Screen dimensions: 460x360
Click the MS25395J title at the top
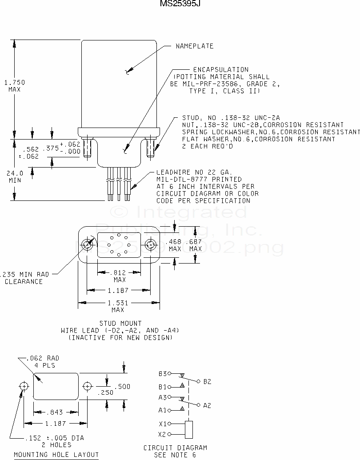(177, 4)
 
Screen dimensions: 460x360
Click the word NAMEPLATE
(195, 46)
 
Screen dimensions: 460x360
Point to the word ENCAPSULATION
(220, 69)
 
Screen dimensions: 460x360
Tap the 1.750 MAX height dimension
(15, 85)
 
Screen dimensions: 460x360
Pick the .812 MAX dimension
(120, 276)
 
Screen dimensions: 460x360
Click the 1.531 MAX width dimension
(118, 306)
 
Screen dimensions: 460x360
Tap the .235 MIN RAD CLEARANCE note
(27, 278)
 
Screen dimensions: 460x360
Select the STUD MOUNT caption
(120, 323)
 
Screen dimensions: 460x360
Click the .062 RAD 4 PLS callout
(42, 361)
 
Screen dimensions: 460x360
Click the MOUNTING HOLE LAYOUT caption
(56, 455)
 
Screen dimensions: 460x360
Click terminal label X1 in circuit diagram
(162, 424)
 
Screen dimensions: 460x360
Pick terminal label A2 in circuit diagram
(207, 405)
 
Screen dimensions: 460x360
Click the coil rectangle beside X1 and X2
(188, 429)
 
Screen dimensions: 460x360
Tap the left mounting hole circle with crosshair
(24, 386)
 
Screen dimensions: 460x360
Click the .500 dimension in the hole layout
(124, 387)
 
